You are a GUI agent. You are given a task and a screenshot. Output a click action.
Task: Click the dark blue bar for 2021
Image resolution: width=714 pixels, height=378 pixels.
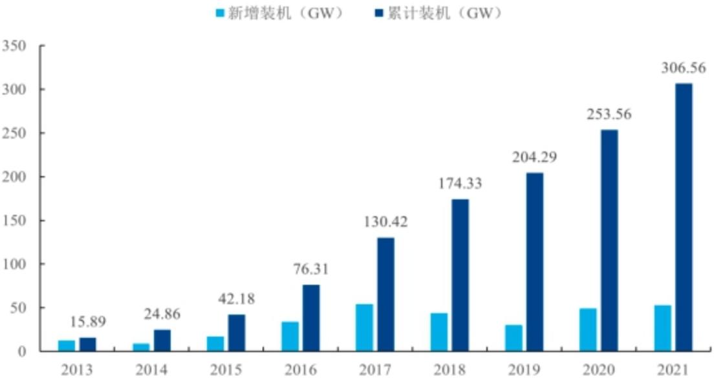(x=684, y=217)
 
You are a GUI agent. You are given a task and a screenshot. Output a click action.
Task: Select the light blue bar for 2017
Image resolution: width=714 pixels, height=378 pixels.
(x=363, y=328)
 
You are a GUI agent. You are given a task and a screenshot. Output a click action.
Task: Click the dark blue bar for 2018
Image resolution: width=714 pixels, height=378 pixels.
(x=460, y=276)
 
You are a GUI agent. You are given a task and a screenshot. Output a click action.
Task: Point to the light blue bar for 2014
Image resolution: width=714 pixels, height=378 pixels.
(x=140, y=348)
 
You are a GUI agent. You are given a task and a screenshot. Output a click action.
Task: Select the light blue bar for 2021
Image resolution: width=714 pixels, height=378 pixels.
(x=662, y=329)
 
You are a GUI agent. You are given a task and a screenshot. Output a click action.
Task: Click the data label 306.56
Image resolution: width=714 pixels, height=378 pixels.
(x=682, y=68)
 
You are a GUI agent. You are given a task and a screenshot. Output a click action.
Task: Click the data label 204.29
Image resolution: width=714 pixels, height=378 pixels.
(x=534, y=157)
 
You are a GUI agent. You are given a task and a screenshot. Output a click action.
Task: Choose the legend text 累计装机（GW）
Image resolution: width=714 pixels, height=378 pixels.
(x=446, y=13)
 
